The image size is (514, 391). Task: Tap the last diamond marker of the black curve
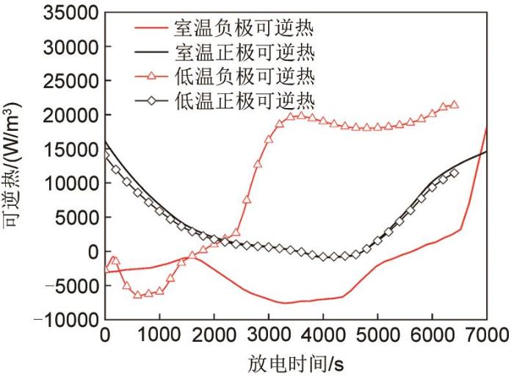coord(454,173)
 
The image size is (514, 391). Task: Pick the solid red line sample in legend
coord(157,29)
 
